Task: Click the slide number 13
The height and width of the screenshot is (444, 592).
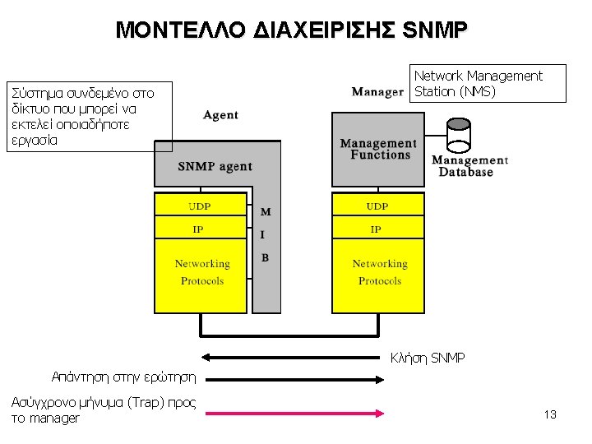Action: click(x=550, y=414)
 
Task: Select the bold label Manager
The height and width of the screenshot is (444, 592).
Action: click(x=377, y=91)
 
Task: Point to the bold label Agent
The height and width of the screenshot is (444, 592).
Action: click(x=220, y=115)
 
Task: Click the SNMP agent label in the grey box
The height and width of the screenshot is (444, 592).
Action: click(x=215, y=166)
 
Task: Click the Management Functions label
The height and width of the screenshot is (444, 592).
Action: click(x=378, y=149)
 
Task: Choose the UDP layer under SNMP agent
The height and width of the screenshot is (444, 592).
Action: click(x=199, y=206)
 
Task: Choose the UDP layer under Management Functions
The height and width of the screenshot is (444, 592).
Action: click(x=377, y=206)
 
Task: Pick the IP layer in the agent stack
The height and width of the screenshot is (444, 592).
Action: click(x=198, y=229)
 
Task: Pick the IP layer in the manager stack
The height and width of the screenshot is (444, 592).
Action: click(x=376, y=229)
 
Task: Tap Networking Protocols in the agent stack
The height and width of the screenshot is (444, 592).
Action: click(x=201, y=272)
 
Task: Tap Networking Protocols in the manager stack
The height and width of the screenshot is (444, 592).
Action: click(x=379, y=272)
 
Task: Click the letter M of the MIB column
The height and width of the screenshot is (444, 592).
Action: click(x=266, y=212)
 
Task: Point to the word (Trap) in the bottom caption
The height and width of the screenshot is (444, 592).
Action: click(x=146, y=402)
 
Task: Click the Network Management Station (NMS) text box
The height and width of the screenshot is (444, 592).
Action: click(x=488, y=83)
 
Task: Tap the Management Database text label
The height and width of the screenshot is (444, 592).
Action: click(x=469, y=166)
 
